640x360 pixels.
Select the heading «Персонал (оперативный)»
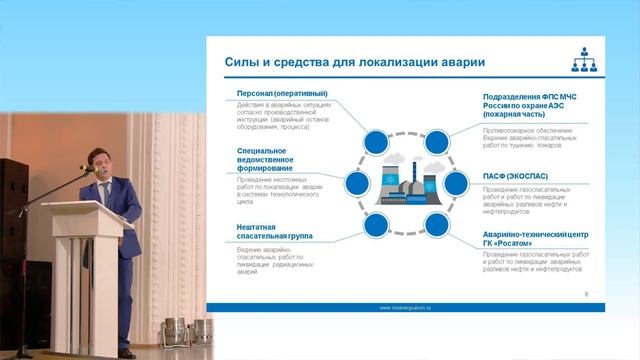coord(282,93)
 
